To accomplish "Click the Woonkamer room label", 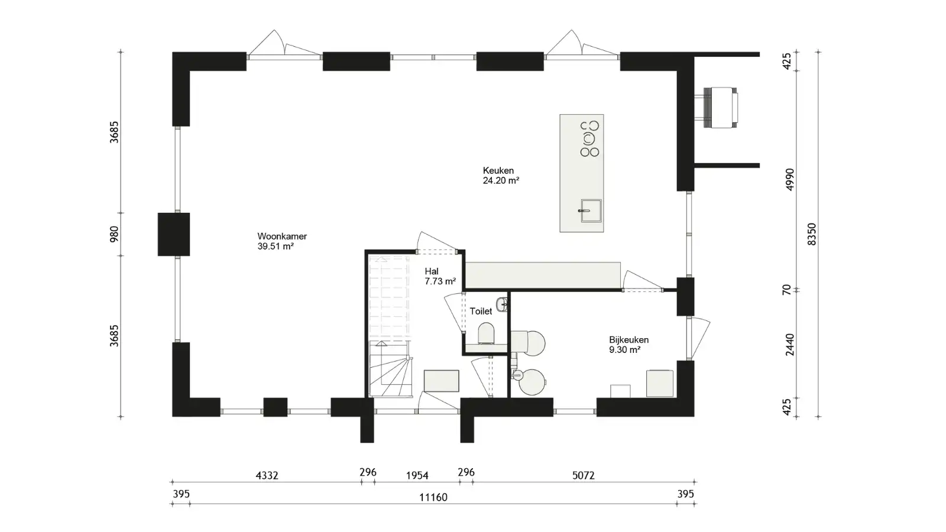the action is (x=282, y=236).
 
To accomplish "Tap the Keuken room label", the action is (x=498, y=171).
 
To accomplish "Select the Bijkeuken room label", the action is (x=629, y=340).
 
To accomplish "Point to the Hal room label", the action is (x=432, y=271).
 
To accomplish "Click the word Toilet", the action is (x=481, y=311).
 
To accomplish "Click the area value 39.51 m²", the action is (x=276, y=246).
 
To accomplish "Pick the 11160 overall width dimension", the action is (x=433, y=497).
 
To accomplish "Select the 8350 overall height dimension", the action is (x=812, y=234).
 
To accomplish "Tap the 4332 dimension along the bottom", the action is (x=267, y=476).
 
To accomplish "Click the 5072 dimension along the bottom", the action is (x=583, y=476).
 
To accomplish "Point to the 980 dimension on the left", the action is (x=115, y=234).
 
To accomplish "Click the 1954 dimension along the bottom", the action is (x=417, y=476).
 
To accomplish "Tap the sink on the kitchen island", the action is (x=591, y=210).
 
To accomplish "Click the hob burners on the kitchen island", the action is (x=589, y=138).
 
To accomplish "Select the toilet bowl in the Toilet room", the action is (x=486, y=333).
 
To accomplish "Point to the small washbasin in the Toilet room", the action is (x=502, y=304).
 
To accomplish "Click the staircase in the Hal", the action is (x=390, y=326).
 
